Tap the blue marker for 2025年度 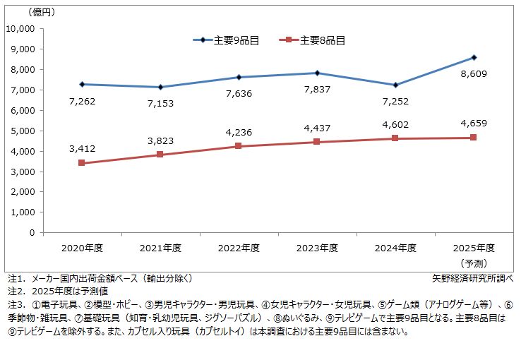[x=474, y=57]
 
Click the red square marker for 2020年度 [x=82, y=163]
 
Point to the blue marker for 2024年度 [x=395, y=85]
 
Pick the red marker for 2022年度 [x=239, y=146]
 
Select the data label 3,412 [x=82, y=148]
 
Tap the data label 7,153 [x=160, y=104]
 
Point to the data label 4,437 [x=318, y=128]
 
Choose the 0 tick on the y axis [x=32, y=232]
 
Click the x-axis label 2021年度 [x=160, y=248]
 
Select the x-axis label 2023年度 [x=318, y=248]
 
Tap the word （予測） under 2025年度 [x=474, y=262]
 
